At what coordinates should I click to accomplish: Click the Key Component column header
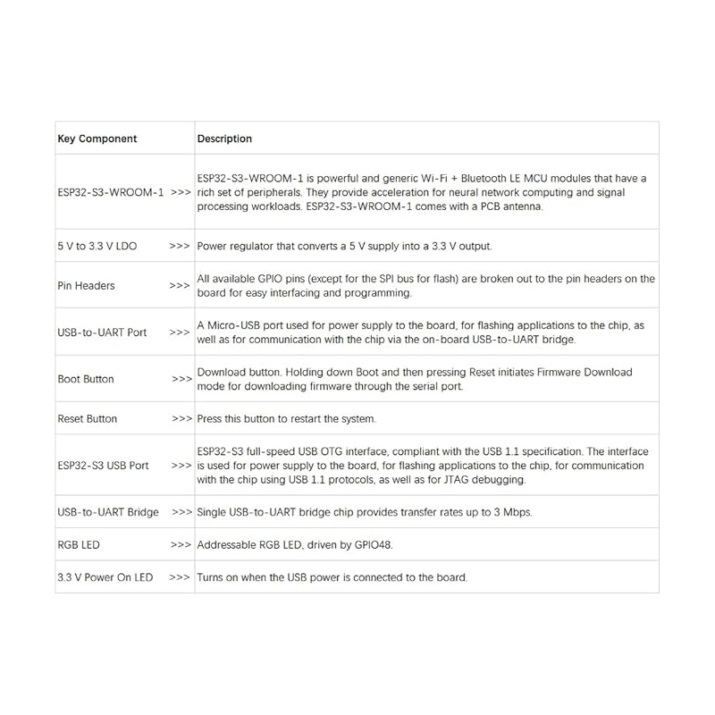tap(97, 139)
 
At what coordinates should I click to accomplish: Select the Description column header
tap(224, 139)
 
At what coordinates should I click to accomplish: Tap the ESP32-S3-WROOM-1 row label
tap(111, 192)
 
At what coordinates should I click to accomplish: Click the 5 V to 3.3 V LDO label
tap(97, 246)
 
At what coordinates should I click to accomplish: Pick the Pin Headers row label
tap(86, 286)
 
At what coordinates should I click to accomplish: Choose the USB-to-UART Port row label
tap(102, 332)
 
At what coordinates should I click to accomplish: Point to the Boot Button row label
tap(86, 379)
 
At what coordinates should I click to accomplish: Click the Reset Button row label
tap(88, 418)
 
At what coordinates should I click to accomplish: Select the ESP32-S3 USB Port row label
tap(103, 466)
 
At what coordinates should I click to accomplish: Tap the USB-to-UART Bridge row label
tap(108, 512)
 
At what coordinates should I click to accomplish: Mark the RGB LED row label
tap(79, 544)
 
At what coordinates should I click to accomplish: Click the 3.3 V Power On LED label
tap(105, 577)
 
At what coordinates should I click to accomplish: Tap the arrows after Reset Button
tap(181, 418)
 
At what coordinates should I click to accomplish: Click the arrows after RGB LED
tap(181, 544)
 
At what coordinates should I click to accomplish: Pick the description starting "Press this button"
tap(286, 418)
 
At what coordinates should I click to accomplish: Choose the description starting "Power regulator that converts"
tap(344, 246)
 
